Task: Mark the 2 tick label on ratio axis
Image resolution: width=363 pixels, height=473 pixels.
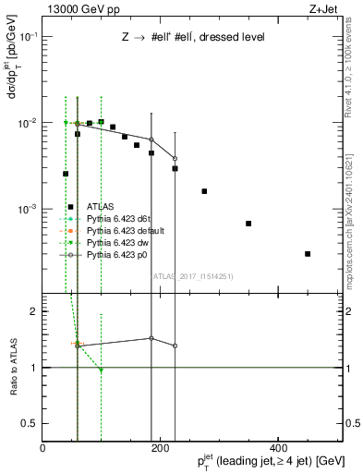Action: click(x=33, y=312)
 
